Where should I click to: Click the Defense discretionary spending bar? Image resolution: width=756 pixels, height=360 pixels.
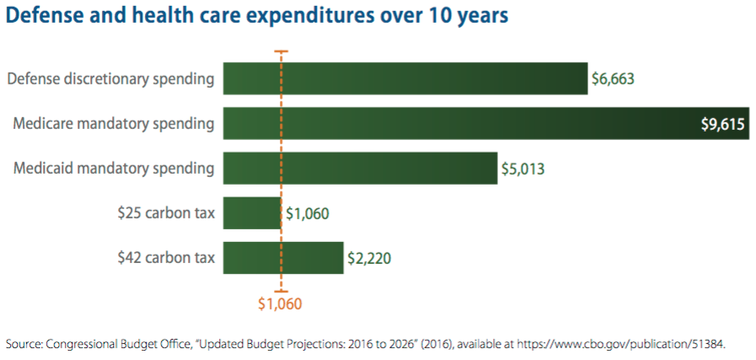coord(405,79)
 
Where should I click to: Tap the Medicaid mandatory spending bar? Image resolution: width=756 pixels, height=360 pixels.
coord(360,168)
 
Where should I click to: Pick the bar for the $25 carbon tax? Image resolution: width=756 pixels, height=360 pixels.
coord(251,213)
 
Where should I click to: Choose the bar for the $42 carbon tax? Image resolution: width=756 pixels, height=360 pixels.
coord(283,258)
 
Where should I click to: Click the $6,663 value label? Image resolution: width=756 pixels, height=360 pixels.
coord(613,80)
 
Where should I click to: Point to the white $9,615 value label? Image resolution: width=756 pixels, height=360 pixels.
coord(722,125)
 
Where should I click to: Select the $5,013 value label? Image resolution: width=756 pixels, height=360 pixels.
coord(523,169)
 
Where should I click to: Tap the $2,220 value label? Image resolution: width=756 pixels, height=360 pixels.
coord(369,259)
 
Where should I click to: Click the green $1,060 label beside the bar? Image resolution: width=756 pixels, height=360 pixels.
coord(308,214)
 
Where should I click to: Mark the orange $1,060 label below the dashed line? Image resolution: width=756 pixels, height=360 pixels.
coord(280,304)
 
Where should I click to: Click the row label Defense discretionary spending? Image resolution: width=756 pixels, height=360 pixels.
coord(110,80)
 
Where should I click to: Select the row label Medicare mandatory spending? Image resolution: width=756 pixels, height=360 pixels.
coord(114,125)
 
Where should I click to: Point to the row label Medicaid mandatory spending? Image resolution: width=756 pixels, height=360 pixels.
coord(114,169)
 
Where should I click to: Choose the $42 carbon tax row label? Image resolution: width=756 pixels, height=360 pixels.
coord(166,258)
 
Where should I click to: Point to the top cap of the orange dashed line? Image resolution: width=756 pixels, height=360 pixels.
coord(281,51)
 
